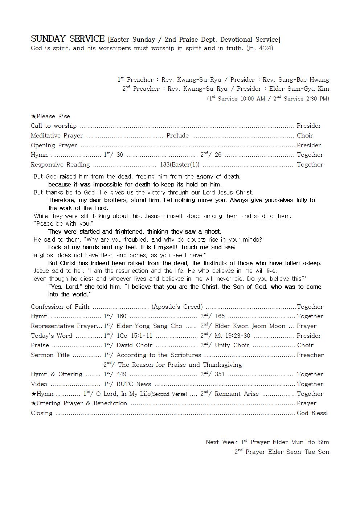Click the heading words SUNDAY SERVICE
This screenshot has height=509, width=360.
tap(67, 39)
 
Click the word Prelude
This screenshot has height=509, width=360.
tap(177, 136)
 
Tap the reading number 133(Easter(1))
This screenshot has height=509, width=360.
tap(180, 165)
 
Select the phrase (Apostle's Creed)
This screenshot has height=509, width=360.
tap(177, 307)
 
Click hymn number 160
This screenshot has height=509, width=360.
tap(122, 316)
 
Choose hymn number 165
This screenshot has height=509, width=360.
tap(220, 316)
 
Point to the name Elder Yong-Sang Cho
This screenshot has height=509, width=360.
tap(149, 326)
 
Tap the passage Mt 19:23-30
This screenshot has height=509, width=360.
tap(232, 336)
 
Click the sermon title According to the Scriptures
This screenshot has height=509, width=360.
tap(159, 355)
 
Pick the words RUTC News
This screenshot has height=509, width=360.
tap(134, 384)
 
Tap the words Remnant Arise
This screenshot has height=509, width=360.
tap(237, 394)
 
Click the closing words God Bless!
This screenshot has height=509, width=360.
tap(312, 413)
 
